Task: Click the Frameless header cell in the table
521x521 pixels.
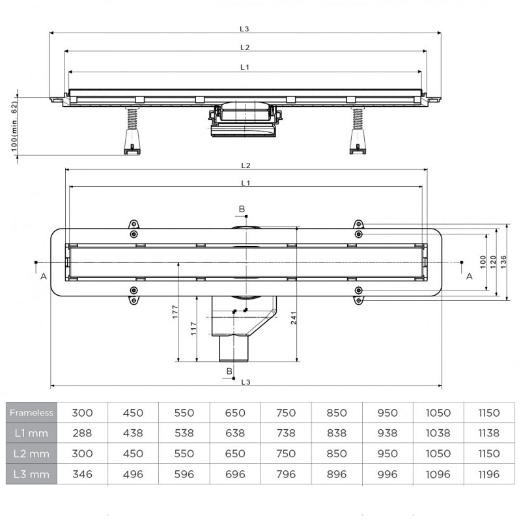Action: point(31,413)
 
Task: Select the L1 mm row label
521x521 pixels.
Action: point(31,433)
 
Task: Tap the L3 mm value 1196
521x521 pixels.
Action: point(489,474)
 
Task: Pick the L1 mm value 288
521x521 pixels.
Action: point(82,433)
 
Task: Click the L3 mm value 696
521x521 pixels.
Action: point(235,474)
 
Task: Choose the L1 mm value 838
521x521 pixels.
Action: point(337,433)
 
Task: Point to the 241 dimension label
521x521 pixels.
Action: point(294,318)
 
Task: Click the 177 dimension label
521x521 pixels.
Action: point(175,312)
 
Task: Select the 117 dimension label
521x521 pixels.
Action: point(193,329)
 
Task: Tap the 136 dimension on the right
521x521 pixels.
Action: point(503,262)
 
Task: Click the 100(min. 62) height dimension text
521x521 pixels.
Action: point(14,126)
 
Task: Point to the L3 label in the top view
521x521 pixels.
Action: point(245,29)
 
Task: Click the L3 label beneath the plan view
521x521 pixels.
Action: point(246,382)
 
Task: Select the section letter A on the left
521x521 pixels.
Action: point(44,276)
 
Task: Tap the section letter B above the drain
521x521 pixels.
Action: point(242,209)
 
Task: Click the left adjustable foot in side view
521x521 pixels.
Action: point(132,131)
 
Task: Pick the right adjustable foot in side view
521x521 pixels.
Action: point(358,131)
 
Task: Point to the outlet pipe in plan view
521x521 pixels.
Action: point(234,348)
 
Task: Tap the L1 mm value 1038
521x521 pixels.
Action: point(438,433)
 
